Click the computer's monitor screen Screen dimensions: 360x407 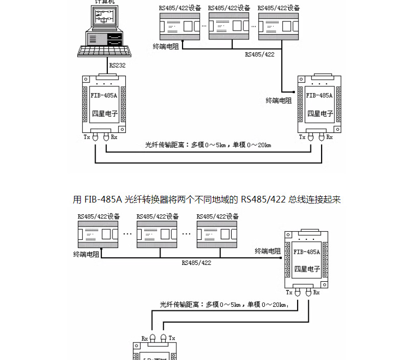(x=106, y=18)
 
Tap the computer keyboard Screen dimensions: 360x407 (x=104, y=51)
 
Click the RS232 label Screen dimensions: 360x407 (x=117, y=65)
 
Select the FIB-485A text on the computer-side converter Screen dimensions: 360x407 (x=104, y=95)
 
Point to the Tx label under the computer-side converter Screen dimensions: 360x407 (x=87, y=137)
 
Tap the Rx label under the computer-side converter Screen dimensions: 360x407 (x=114, y=137)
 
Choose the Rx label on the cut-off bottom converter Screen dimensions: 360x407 (x=145, y=338)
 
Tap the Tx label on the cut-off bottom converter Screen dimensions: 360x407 (x=172, y=338)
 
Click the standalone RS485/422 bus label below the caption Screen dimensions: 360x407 (x=196, y=262)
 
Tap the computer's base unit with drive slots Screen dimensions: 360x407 (x=105, y=39)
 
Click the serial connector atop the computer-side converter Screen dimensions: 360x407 (x=104, y=77)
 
